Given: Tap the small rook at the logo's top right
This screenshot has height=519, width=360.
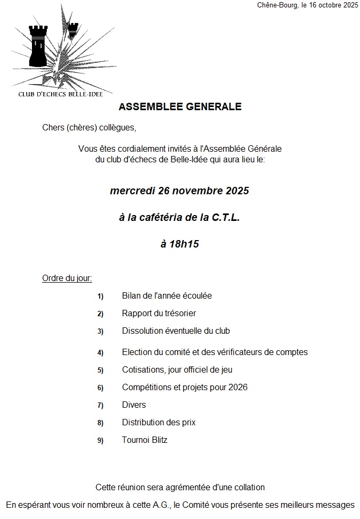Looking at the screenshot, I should [x=72, y=27].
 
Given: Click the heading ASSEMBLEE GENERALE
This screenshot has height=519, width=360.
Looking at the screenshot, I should [x=179, y=106].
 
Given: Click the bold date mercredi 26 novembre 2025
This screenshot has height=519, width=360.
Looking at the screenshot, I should [x=179, y=191].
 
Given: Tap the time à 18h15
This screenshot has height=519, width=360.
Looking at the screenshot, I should [x=179, y=244].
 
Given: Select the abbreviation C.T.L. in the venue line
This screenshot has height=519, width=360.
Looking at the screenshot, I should [x=225, y=217].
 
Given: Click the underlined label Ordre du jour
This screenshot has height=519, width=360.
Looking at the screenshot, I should [x=67, y=278].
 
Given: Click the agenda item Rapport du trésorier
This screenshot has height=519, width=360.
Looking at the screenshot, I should [x=159, y=314].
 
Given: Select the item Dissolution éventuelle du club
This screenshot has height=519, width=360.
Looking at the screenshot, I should [x=176, y=331].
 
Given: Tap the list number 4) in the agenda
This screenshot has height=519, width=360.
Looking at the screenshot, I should [x=100, y=352].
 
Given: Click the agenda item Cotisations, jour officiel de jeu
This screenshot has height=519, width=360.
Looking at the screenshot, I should [x=177, y=370].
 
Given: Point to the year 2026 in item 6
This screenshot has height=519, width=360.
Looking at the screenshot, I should [x=237, y=388].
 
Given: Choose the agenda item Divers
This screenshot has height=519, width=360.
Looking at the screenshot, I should [x=134, y=405].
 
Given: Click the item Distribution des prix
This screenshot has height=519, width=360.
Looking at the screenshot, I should [x=159, y=423].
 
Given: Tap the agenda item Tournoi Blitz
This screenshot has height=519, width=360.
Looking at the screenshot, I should [x=144, y=440].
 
